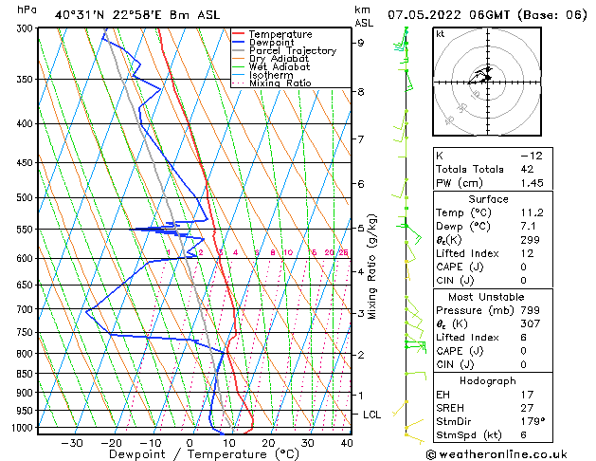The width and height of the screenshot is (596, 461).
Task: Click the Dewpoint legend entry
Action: point(272,43)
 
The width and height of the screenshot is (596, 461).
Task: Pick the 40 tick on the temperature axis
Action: point(347,443)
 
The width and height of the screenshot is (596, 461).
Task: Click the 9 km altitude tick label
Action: point(360,43)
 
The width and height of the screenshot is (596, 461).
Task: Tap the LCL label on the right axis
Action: point(372,415)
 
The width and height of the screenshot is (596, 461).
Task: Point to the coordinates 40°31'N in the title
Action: point(81,14)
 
